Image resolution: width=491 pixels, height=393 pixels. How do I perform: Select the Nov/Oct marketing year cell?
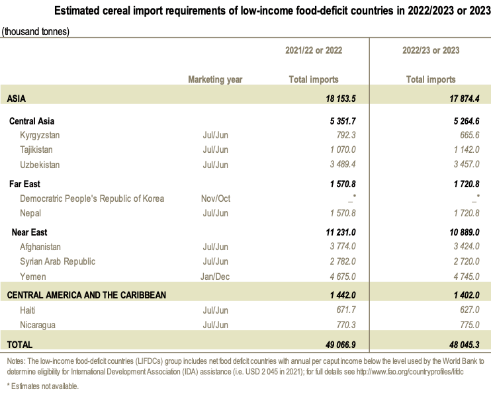pos(215,198)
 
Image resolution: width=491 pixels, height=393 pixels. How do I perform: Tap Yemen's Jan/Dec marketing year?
pos(215,277)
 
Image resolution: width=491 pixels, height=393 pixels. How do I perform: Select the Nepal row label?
pos(32,213)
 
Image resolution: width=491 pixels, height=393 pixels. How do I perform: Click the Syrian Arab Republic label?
pos(58,261)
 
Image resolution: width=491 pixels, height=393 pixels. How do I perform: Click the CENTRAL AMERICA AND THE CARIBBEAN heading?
pos(86,294)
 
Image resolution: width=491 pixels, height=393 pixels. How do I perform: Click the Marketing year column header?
pos(215,79)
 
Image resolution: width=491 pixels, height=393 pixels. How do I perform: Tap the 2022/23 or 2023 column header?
pos(431,50)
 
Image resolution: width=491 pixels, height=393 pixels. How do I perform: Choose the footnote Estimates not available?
pos(43,386)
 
